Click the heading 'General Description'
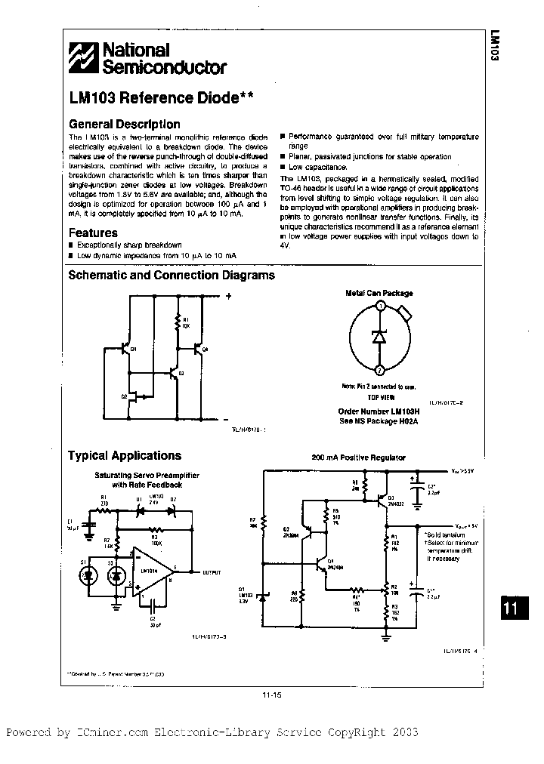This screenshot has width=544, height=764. (124, 124)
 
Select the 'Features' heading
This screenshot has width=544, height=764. (93, 233)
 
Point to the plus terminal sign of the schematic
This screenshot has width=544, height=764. (227, 296)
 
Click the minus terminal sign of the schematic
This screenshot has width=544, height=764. (227, 417)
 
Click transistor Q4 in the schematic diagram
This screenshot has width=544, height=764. (199, 349)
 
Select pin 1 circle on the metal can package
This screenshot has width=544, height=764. (381, 306)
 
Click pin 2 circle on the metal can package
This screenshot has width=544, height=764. (380, 369)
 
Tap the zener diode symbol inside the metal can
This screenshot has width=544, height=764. (380, 337)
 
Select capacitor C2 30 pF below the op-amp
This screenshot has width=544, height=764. (153, 605)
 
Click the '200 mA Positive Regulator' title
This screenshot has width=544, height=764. (358, 457)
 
